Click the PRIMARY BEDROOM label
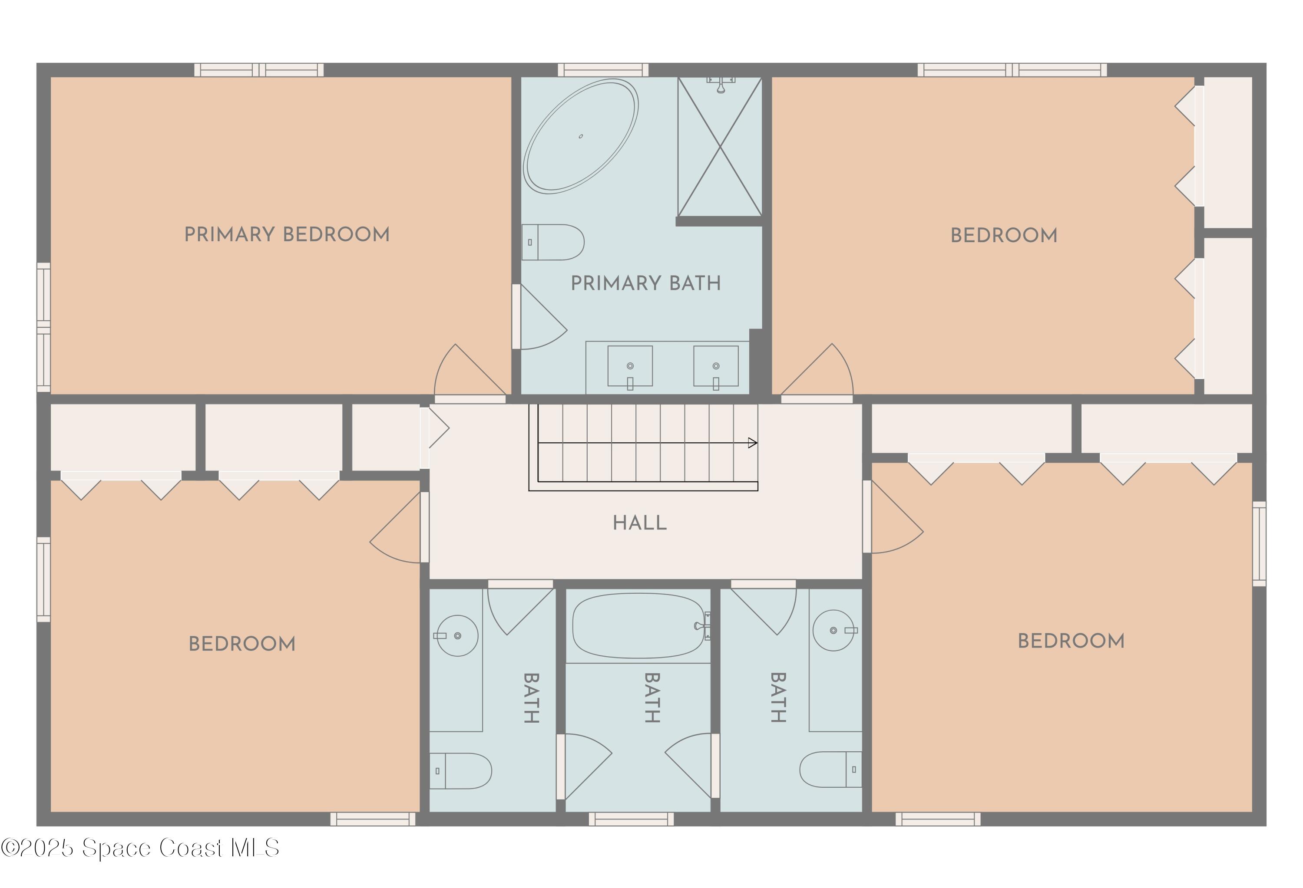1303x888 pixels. pos(287,234)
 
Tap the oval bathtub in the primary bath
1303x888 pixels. pos(580,136)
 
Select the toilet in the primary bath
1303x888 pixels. pos(553,242)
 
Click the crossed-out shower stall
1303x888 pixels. pos(719,147)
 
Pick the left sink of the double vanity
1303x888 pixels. pos(630,366)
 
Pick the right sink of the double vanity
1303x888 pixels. pos(715,366)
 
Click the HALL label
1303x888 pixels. pos(639,523)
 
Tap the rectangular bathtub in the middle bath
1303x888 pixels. pos(638,626)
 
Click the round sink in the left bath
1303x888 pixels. pos(457,635)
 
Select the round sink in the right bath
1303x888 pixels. pos(834,630)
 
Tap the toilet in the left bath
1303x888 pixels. pos(461,771)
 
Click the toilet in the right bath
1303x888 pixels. pos(830,769)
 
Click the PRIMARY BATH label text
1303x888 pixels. pos(645,283)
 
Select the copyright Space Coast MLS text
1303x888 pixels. pos(140,848)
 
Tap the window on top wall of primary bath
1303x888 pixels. pos(603,69)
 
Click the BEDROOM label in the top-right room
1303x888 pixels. pos(1004,235)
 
